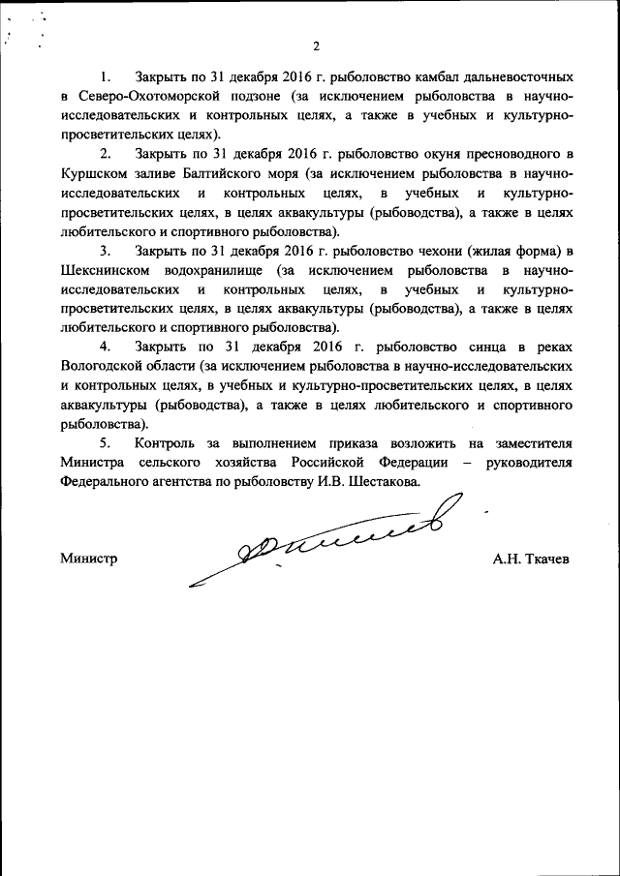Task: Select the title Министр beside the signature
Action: tap(88, 559)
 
